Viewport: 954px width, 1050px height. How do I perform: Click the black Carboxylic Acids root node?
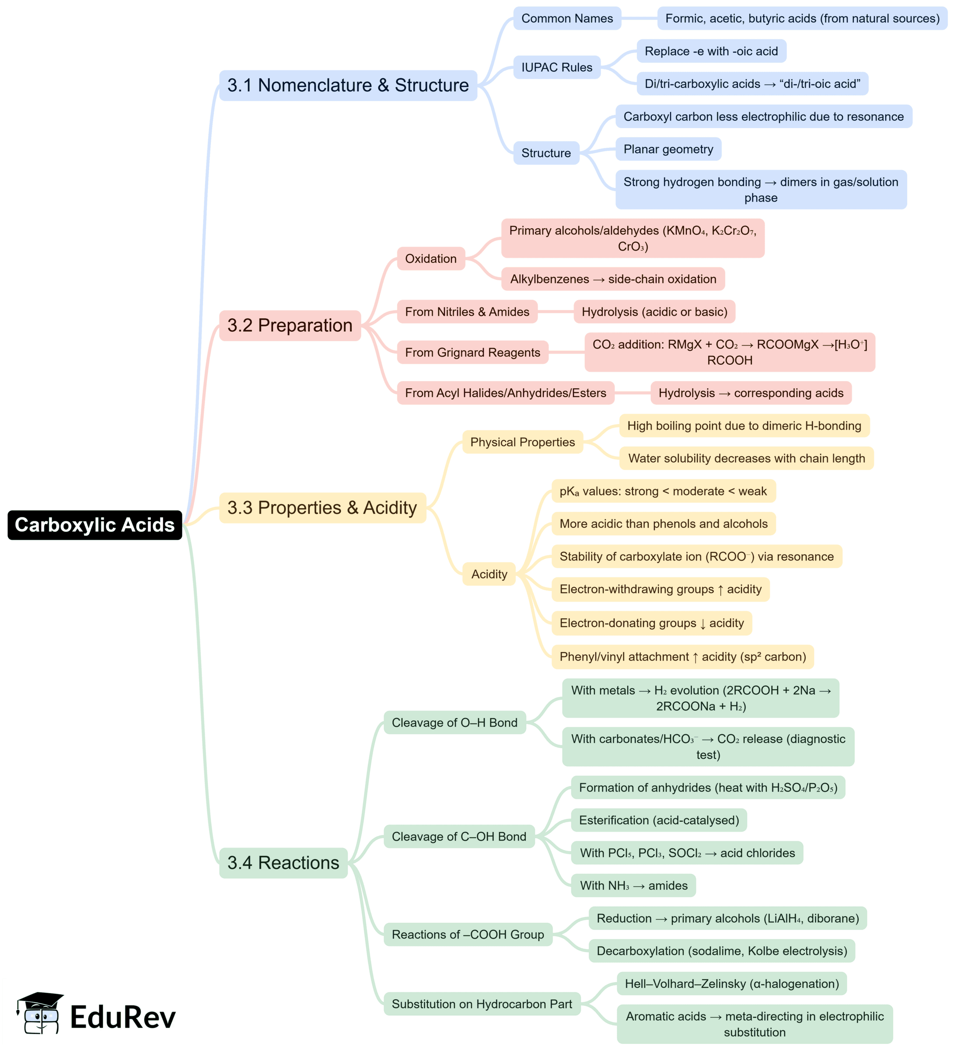point(94,524)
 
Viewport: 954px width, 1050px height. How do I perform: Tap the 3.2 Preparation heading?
point(290,325)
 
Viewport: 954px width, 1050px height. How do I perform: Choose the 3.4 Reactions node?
point(283,862)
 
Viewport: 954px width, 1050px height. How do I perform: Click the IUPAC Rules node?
point(556,67)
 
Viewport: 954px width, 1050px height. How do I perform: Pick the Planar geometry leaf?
point(668,150)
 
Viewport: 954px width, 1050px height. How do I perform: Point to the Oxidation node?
point(430,258)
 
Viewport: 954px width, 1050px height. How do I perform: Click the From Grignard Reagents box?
point(472,352)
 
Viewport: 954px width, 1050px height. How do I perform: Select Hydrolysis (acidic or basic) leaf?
point(654,311)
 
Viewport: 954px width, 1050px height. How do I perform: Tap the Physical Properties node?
point(522,442)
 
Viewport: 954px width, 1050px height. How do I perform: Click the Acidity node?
point(489,573)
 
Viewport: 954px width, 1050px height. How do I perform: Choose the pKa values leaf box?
point(663,491)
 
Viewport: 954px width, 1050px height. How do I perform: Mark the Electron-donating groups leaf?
point(651,622)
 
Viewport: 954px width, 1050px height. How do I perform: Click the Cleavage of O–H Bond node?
point(454,722)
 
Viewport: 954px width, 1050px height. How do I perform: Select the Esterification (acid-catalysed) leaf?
point(659,820)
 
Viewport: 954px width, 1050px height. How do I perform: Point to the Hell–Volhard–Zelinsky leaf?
point(731,984)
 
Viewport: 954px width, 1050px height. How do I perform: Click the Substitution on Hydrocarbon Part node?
point(482,1004)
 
